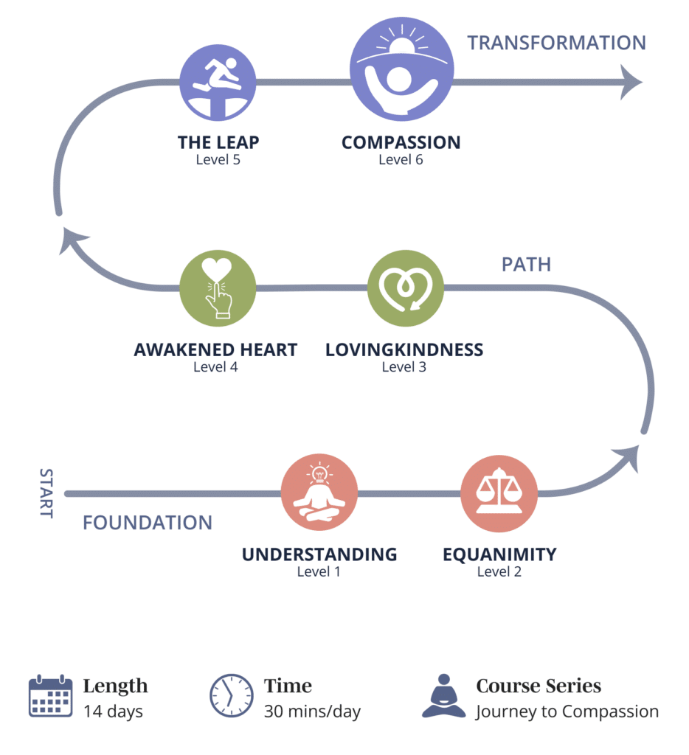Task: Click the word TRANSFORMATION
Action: click(x=556, y=43)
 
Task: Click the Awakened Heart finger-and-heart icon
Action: click(x=218, y=287)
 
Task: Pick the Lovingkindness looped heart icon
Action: click(x=405, y=288)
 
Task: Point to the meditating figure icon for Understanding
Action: click(x=319, y=493)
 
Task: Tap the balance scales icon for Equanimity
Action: click(x=499, y=493)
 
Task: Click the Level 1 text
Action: click(x=319, y=571)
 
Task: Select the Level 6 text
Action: click(x=401, y=159)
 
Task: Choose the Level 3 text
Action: click(x=404, y=366)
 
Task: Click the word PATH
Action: click(x=526, y=265)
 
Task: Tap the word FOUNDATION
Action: click(x=148, y=523)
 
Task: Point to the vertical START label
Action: click(x=46, y=493)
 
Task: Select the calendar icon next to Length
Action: click(x=50, y=695)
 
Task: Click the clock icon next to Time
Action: click(x=232, y=695)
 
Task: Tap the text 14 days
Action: click(x=113, y=711)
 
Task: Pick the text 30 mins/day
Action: click(x=312, y=711)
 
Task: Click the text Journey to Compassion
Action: click(x=567, y=711)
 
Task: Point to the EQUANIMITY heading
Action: click(x=499, y=554)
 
